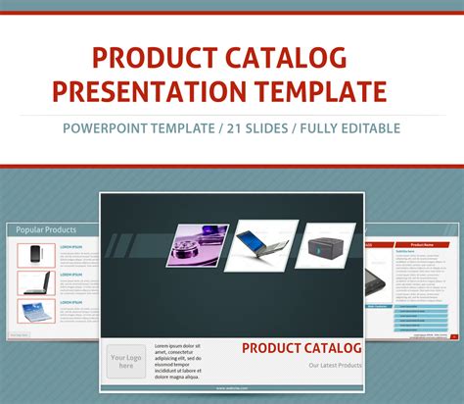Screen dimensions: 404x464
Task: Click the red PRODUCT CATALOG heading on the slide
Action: [302, 348]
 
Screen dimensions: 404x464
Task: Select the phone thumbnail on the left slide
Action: [36, 255]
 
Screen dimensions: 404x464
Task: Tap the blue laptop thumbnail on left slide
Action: [36, 316]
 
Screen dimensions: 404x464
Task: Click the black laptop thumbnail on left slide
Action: [36, 285]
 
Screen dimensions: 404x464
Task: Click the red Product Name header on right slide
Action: [421, 244]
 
